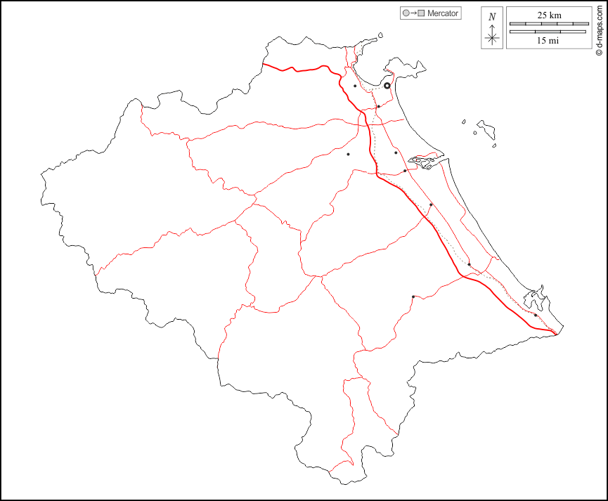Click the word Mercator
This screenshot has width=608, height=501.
[443, 13]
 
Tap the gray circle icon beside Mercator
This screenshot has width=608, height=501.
[406, 13]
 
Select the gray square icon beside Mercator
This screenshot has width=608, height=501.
[422, 13]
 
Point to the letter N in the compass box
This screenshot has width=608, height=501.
[492, 16]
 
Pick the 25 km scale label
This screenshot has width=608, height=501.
[548, 15]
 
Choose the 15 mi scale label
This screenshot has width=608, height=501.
[548, 41]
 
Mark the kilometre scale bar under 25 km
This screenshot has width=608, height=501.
[548, 24]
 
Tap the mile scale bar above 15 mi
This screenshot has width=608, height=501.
[548, 32]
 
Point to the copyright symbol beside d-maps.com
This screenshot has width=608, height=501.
[597, 51]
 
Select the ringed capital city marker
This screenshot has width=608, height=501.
[387, 86]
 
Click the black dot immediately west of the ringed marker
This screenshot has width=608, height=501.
[355, 86]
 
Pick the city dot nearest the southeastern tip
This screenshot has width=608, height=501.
[536, 315]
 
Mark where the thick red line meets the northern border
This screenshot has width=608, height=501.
[263, 64]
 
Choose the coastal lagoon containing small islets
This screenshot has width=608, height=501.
[424, 162]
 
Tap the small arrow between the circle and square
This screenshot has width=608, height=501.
[413, 13]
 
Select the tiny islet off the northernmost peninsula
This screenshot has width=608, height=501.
[380, 33]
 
